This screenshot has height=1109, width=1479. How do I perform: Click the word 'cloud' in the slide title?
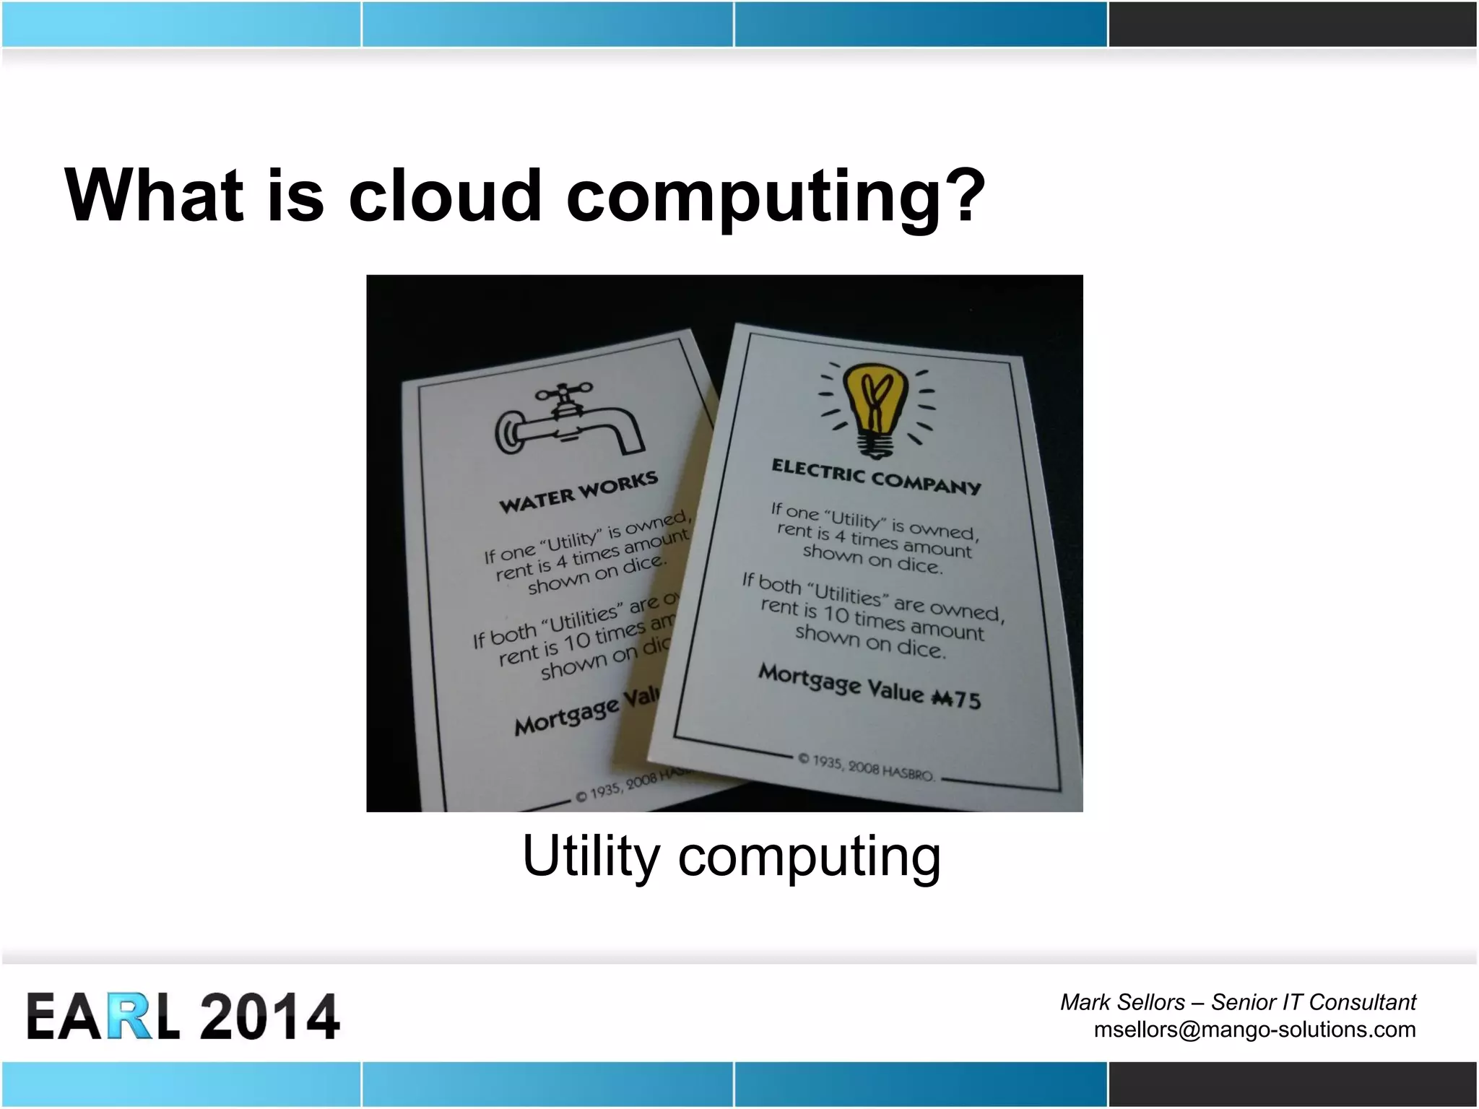445,195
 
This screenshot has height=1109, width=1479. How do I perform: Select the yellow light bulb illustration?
876,407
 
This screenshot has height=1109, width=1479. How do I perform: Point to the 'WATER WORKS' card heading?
578,492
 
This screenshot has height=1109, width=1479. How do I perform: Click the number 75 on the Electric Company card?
968,700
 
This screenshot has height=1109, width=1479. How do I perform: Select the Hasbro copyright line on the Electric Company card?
866,767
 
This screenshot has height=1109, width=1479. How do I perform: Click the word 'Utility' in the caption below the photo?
591,856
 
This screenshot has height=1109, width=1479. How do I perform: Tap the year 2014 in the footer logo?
269,1017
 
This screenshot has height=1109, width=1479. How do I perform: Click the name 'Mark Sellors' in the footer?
1122,1002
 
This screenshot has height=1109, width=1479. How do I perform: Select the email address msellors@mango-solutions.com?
1254,1029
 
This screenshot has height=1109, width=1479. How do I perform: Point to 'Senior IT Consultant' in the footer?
1313,1002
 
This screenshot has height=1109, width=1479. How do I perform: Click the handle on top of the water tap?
563,393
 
